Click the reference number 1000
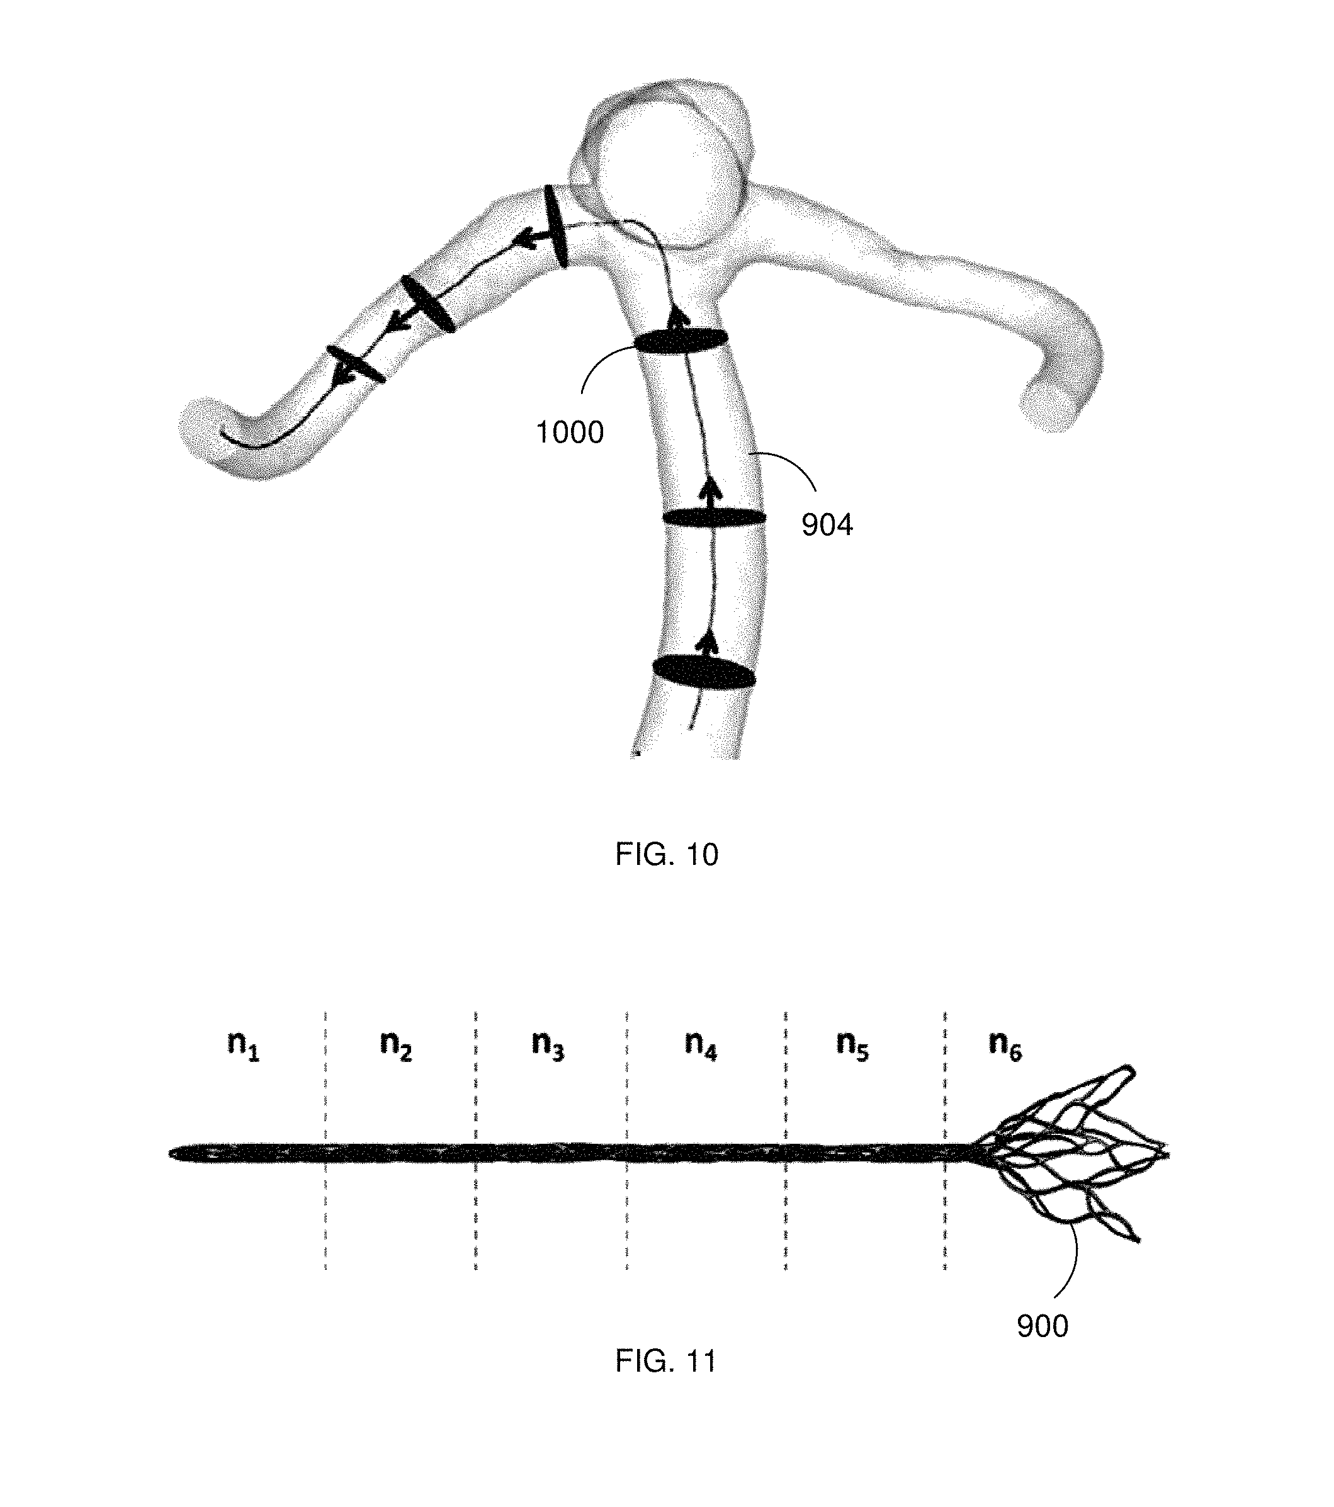coord(569,433)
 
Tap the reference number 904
coord(827,525)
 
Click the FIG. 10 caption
coord(667,854)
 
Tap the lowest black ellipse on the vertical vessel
coord(703,672)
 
